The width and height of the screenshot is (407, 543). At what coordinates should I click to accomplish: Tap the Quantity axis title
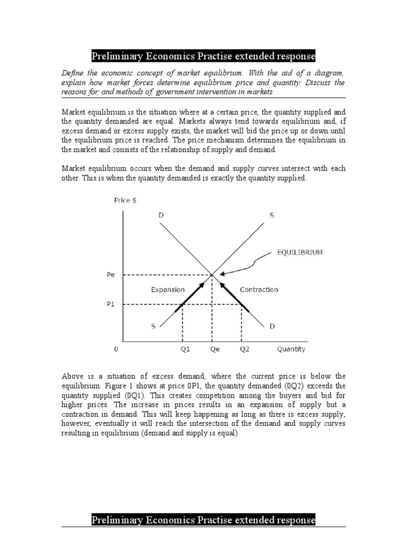coord(291,349)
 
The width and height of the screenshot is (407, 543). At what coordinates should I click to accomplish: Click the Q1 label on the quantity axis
coord(182,349)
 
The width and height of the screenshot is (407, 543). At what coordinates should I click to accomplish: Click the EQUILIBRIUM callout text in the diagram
coord(299,253)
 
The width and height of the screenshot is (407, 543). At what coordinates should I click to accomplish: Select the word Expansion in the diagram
coord(167,290)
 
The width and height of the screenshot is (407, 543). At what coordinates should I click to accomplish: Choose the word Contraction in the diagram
coord(259,290)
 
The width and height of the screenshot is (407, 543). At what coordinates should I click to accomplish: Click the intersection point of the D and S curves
coord(212,275)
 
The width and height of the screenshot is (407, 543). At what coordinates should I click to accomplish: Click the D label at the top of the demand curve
coord(161,215)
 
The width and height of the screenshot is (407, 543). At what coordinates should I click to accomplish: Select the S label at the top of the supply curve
coord(272,215)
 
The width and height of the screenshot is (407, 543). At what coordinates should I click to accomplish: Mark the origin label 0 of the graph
coord(116,349)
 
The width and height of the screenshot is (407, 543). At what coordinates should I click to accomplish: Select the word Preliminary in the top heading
coord(118,56)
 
